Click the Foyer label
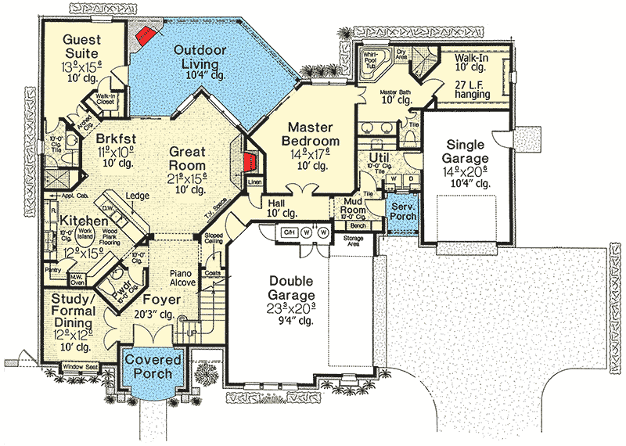[x=161, y=300]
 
